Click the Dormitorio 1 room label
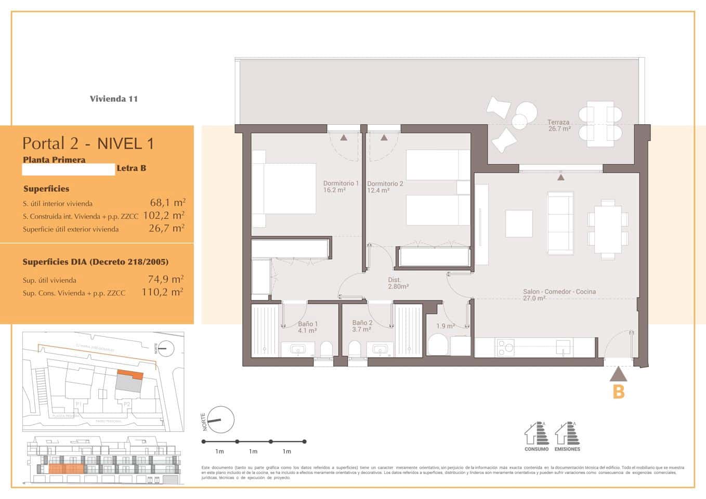coord(341,187)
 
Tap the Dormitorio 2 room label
coord(385,187)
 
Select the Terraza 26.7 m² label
coord(559,125)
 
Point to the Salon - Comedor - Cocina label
coord(559,295)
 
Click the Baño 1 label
coord(308,326)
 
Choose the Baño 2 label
coord(362,326)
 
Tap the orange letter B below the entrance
coord(618,391)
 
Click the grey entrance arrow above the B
coord(618,374)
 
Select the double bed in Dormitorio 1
coord(284,189)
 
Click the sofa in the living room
coord(560,223)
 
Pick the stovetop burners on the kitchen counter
coord(505,347)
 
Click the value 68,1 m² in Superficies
coord(167,203)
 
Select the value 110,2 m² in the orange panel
coord(162,292)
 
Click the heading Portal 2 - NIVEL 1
coord(88,143)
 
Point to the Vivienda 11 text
coord(114,99)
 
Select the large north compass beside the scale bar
coord(219,420)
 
